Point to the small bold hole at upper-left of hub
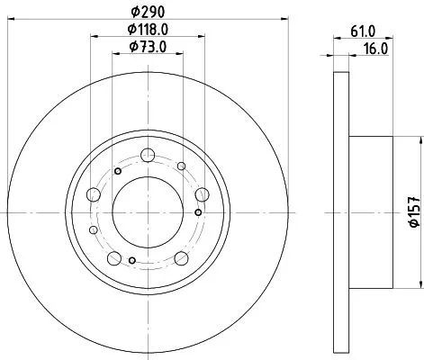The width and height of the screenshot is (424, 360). pyautogui.click(x=117, y=171)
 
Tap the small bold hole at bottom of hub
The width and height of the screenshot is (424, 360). pyautogui.click(x=133, y=261)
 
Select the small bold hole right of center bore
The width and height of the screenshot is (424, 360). pyautogui.click(x=197, y=212)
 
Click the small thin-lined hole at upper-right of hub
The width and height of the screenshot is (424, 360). pyautogui.click(x=181, y=166)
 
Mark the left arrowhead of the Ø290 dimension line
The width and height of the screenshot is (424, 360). pyautogui.click(x=21, y=17)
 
